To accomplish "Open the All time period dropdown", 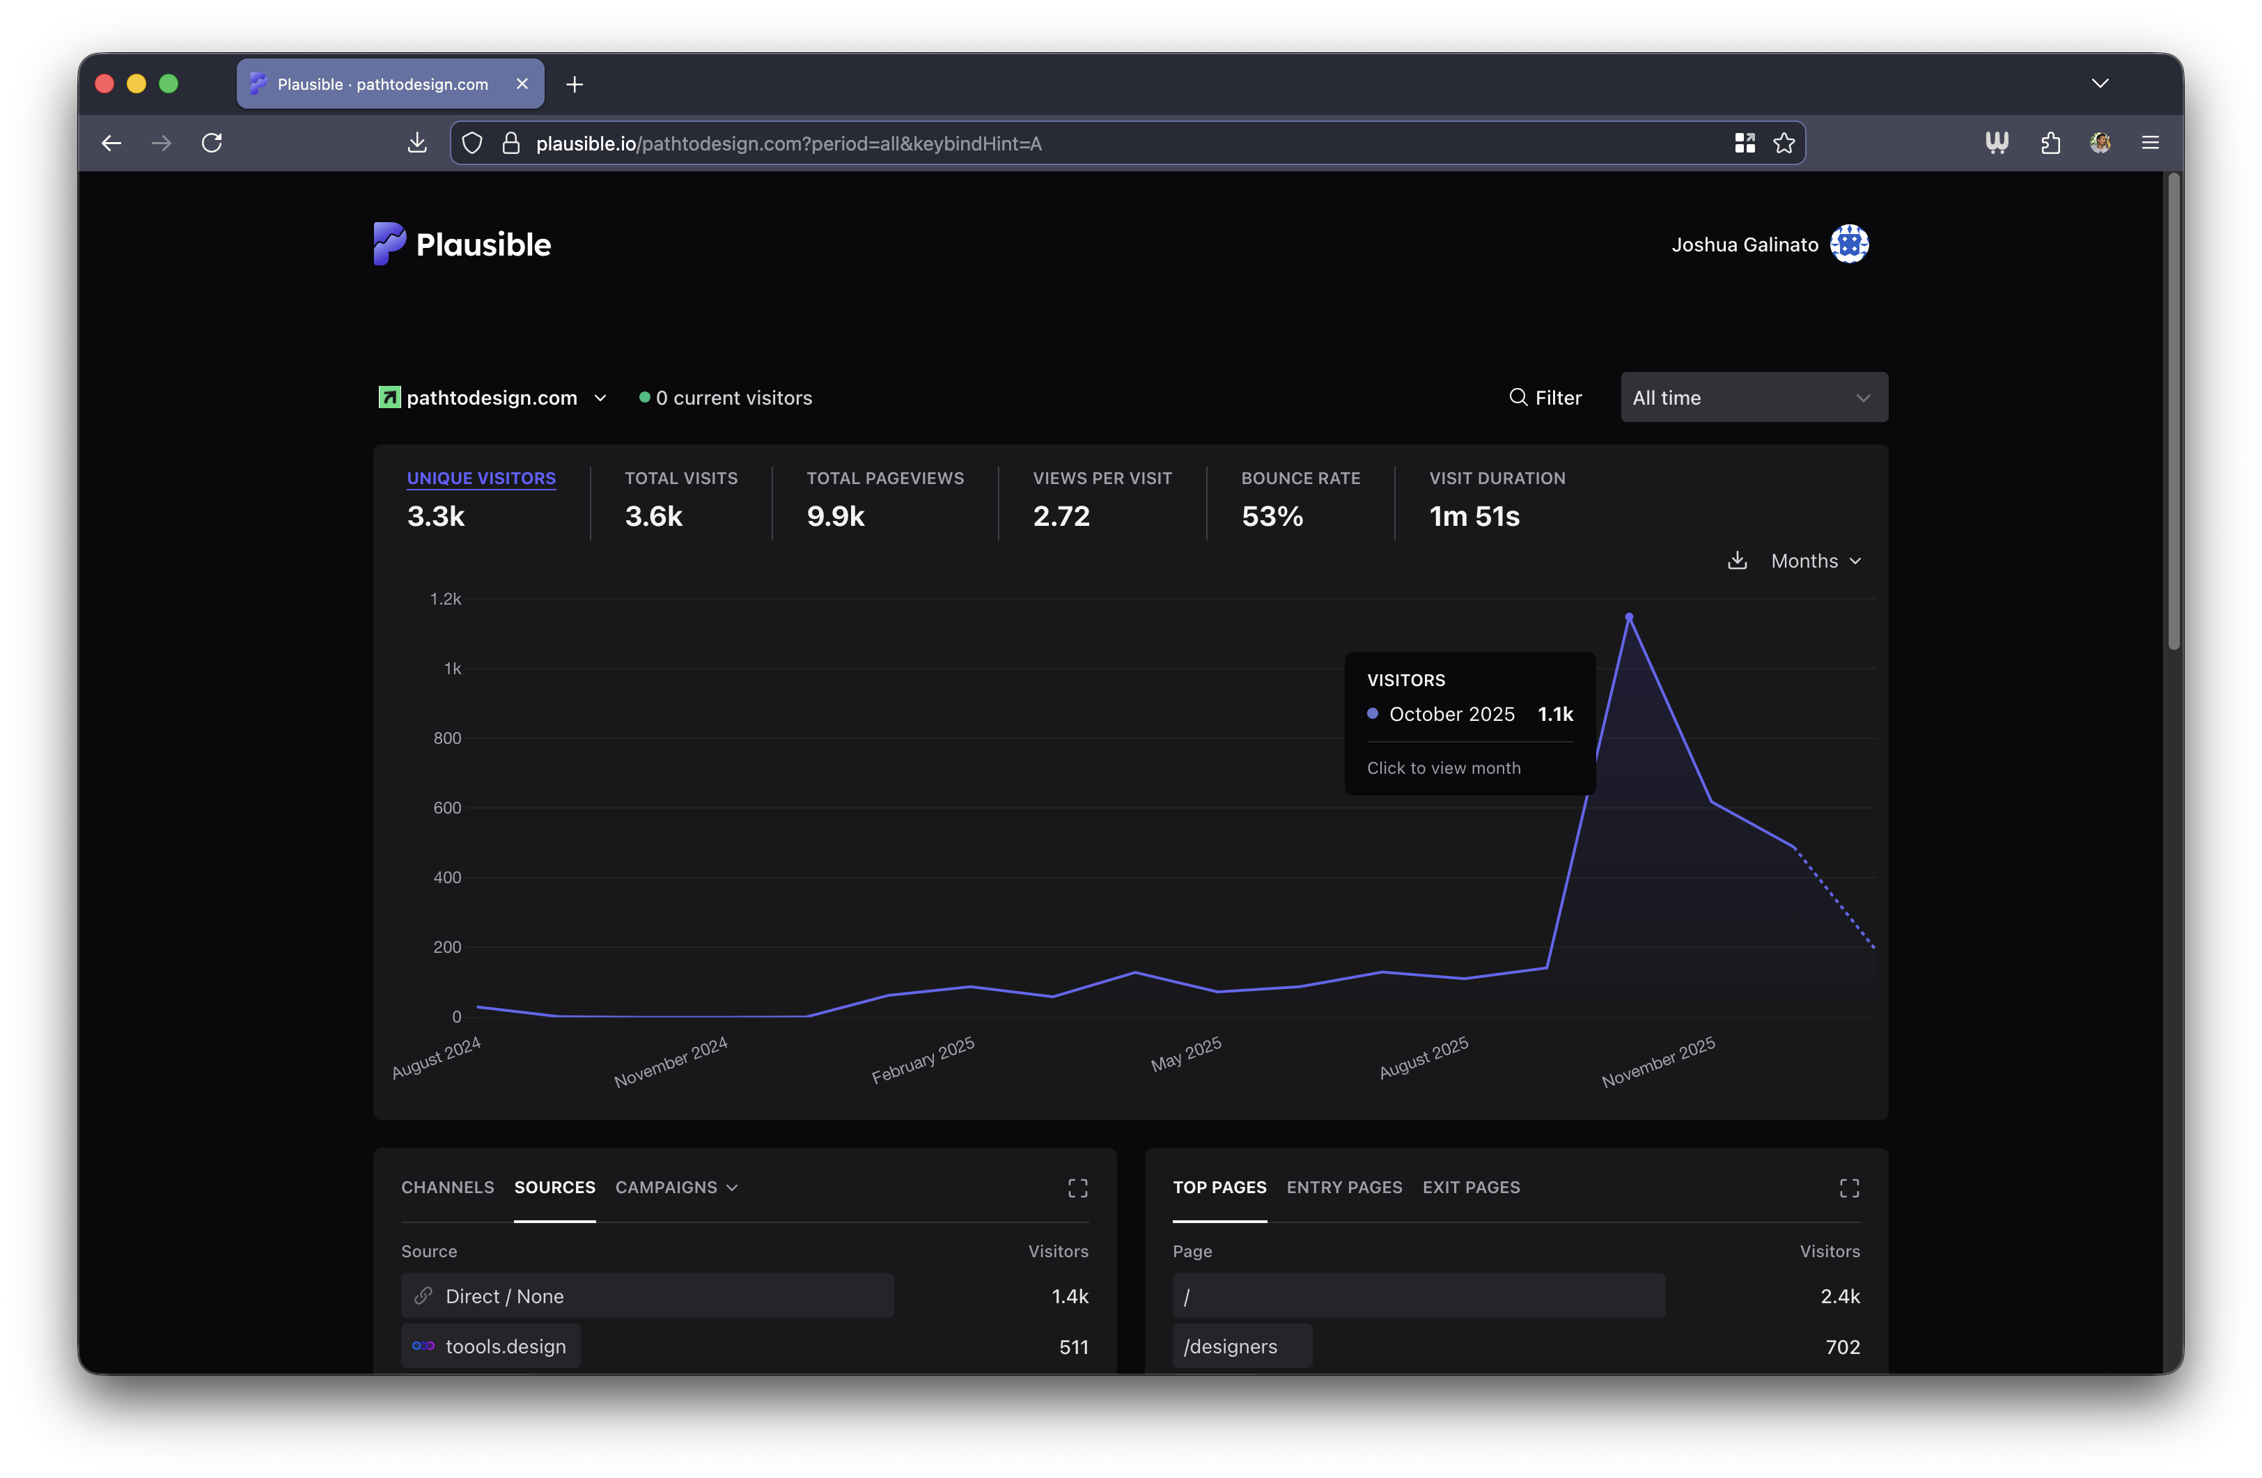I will (1753, 397).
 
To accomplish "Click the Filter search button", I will (1545, 397).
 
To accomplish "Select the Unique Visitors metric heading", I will (481, 478).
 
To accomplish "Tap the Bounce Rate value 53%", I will (1272, 516).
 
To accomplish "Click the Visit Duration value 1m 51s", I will (1474, 516).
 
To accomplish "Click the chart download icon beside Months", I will (1736, 561).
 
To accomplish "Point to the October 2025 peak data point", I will (1629, 617).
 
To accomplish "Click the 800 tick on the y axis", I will (446, 738).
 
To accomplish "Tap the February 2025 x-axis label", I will (923, 1060).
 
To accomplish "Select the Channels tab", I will (448, 1187).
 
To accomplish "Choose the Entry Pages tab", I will (1344, 1187).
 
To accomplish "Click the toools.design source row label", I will (505, 1346).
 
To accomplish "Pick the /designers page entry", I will (1230, 1346).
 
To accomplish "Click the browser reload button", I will (212, 143).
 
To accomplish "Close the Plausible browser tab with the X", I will (522, 84).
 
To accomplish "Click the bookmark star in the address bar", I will (1784, 143).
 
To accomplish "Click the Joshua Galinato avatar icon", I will (1848, 244).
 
